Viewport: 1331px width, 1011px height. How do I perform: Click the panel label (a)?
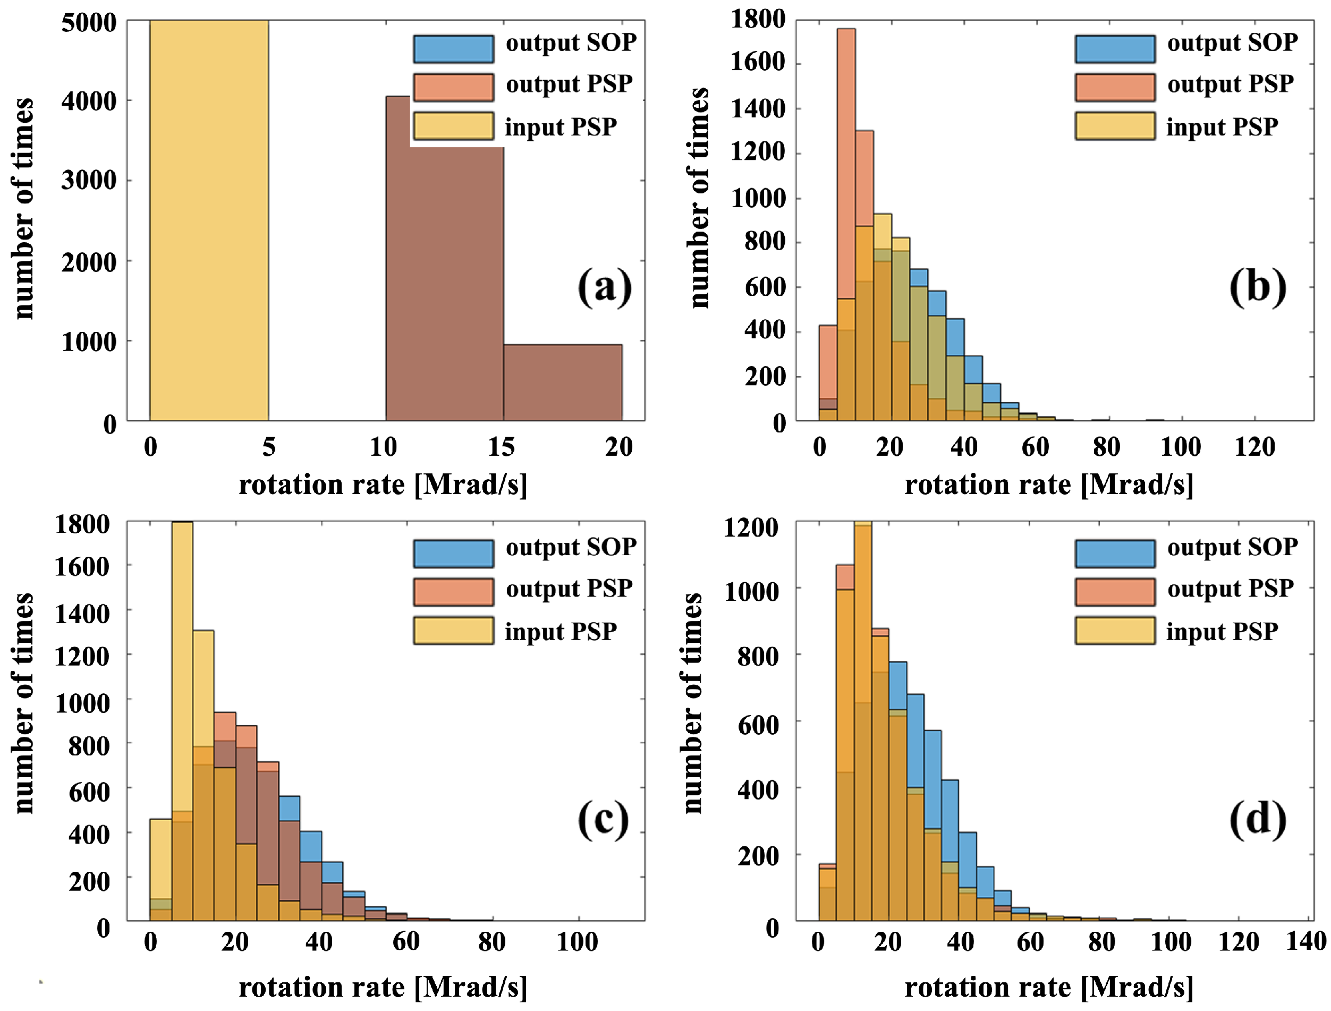605,287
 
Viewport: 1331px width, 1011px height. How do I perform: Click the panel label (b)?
1258,287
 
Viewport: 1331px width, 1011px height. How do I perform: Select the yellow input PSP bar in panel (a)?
209,220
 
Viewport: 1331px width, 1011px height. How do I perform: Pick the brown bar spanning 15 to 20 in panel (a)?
563,382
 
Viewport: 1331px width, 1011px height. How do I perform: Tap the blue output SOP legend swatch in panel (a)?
454,49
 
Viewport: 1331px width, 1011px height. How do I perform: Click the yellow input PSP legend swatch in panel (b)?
1115,126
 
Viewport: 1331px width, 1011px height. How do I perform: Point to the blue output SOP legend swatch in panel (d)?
1115,553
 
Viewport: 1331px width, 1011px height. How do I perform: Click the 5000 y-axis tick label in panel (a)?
89,23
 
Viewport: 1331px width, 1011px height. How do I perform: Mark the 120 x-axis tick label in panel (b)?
1254,447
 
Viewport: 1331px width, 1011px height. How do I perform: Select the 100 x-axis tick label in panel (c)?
578,942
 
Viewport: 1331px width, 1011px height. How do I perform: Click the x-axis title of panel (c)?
383,987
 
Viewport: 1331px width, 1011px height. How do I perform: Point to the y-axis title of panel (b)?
698,198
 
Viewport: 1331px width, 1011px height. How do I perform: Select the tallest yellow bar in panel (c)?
182,721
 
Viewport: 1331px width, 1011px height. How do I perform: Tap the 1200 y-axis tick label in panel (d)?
751,528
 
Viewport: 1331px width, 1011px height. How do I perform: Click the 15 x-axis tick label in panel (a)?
501,447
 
